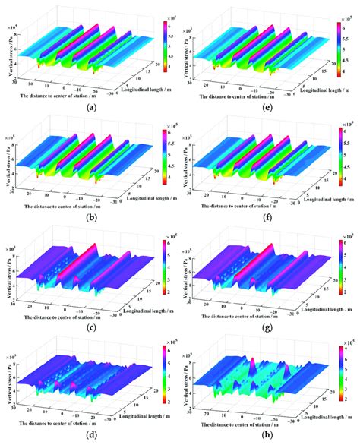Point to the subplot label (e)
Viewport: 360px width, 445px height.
(x=269, y=107)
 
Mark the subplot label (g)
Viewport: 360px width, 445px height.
(x=269, y=328)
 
